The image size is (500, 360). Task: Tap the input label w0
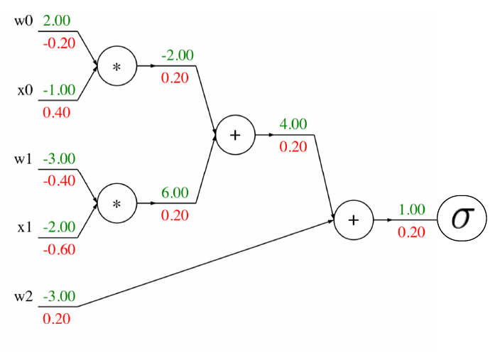[23, 21]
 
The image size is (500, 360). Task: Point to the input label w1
[23, 158]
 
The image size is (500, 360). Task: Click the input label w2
[23, 296]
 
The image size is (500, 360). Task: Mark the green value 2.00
[57, 21]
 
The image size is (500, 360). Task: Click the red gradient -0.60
[59, 250]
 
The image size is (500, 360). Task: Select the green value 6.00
[175, 192]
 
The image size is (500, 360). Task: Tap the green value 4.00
[293, 124]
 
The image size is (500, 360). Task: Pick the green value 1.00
[411, 209]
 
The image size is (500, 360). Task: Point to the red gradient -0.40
[59, 181]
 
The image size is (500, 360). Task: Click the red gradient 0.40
[57, 112]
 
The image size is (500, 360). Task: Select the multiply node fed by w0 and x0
[116, 66]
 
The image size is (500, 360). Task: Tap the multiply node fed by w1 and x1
[116, 204]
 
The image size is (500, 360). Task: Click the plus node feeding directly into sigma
[353, 220]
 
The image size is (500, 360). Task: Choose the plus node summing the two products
[234, 135]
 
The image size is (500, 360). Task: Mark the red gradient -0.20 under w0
[59, 43]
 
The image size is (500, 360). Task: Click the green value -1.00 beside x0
[59, 90]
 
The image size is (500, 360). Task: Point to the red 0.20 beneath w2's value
[57, 319]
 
